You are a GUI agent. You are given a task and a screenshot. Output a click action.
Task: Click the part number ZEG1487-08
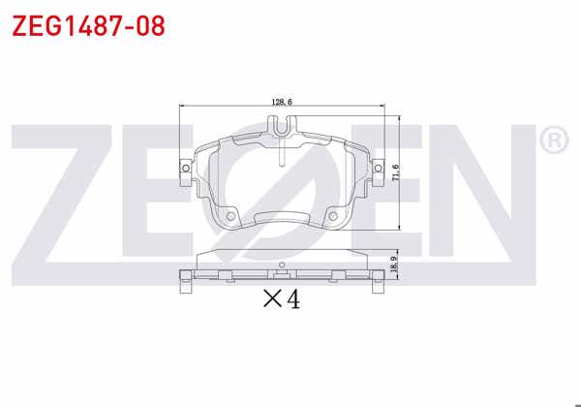click(88, 25)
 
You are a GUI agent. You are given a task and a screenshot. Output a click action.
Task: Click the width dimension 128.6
click(282, 102)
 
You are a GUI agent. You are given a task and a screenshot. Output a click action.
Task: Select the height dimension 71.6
click(396, 172)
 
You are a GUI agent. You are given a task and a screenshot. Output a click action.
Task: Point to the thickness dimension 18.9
click(394, 264)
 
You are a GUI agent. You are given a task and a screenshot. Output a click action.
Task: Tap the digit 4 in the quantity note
click(293, 299)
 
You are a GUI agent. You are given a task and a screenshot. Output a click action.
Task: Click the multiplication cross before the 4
click(272, 298)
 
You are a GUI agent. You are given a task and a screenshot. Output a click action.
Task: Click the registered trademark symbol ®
click(554, 140)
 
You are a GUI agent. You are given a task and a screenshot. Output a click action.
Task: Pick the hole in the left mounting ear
click(186, 169)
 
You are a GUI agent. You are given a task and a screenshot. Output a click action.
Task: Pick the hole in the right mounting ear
click(378, 169)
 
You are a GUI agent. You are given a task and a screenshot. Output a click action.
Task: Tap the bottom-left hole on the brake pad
click(230, 216)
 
